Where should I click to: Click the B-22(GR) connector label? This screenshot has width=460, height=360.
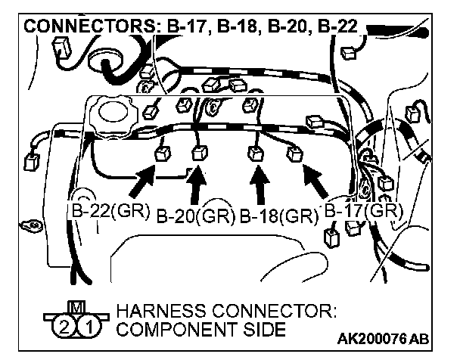[111, 211]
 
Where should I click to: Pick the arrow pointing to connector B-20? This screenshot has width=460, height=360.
[199, 185]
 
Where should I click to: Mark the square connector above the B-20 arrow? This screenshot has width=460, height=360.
[200, 154]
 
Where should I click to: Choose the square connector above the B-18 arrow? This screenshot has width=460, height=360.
[254, 153]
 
